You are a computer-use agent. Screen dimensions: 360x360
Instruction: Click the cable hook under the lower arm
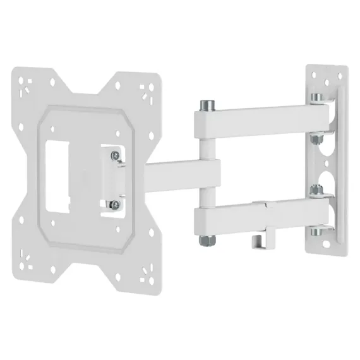(257, 241)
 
